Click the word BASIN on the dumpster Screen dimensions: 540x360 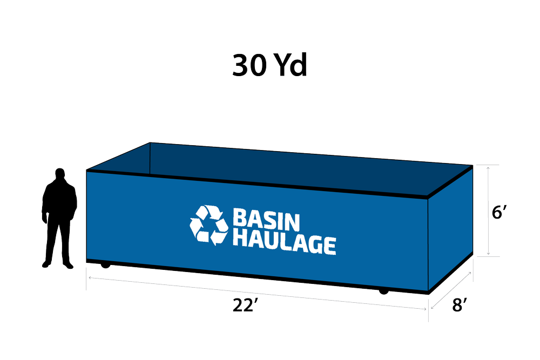coord(266,219)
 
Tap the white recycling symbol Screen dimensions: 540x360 coord(208,225)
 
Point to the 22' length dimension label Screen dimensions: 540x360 coord(245,305)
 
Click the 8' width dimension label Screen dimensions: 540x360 coord(460,305)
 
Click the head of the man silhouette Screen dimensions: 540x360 coord(60,173)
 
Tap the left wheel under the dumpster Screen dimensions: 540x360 coord(105,266)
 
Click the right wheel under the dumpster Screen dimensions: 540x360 coord(383,292)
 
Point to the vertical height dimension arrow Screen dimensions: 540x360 coord(488,210)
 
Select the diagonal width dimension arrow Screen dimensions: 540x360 coord(451,290)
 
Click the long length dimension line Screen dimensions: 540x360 coord(257,293)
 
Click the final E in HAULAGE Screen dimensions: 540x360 coord(329,246)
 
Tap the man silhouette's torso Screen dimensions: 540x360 coord(59,199)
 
